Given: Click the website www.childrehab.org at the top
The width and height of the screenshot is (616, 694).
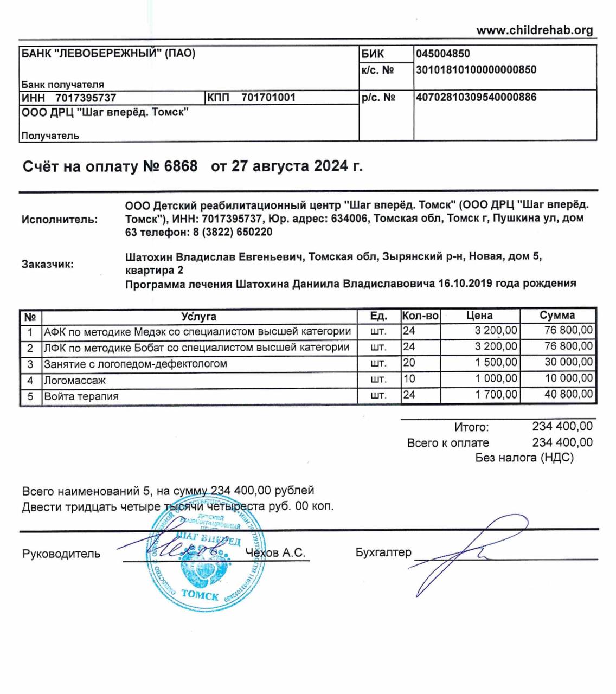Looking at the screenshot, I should click(x=534, y=30).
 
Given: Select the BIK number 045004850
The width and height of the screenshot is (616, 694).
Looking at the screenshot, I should click(x=443, y=54).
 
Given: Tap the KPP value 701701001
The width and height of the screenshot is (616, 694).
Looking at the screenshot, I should click(x=268, y=98).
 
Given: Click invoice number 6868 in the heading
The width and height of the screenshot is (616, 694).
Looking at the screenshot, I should click(x=181, y=166).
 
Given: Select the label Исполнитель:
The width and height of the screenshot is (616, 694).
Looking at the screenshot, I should click(x=60, y=220).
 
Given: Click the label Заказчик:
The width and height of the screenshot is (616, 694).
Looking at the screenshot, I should click(x=48, y=265).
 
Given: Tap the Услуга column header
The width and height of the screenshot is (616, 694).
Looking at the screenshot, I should click(x=198, y=316).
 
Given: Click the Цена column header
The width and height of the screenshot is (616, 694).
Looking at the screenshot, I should click(x=479, y=316).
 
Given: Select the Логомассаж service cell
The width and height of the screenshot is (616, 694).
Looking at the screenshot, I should click(x=75, y=381).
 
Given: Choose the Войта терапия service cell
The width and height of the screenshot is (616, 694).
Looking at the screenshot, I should click(x=81, y=396).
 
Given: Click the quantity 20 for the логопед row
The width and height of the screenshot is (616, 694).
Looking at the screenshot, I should click(x=409, y=363).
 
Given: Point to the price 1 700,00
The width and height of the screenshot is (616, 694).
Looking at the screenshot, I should click(x=496, y=395).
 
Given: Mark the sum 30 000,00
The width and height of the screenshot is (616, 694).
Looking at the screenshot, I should click(x=568, y=363).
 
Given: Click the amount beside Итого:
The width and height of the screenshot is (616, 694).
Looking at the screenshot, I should click(x=562, y=427).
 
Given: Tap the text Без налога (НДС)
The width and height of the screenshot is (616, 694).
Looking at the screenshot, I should click(x=524, y=458).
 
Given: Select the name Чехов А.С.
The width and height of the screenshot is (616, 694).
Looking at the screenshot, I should click(x=275, y=553).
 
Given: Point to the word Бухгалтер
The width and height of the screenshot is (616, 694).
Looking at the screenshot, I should click(x=383, y=552).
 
